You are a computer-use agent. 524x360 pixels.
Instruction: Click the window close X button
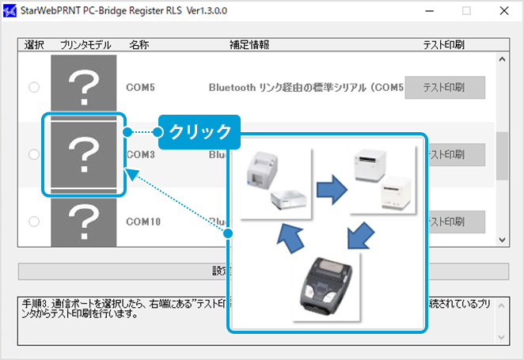tap(503, 11)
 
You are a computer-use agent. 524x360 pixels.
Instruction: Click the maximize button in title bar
tap(466, 11)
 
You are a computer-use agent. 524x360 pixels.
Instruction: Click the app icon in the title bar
tap(9, 12)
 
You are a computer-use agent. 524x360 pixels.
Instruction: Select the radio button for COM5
tap(34, 87)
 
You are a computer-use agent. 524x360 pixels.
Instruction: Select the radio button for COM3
tap(34, 154)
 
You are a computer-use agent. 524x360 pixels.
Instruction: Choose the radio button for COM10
tap(34, 221)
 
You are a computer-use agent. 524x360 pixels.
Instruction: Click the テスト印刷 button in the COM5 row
tap(444, 87)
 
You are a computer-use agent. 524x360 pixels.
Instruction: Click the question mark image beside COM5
tap(83, 85)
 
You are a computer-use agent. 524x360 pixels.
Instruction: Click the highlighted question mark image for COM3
tap(83, 153)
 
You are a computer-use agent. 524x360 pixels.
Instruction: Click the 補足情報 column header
tap(249, 45)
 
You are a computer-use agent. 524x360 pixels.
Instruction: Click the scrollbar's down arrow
tap(501, 240)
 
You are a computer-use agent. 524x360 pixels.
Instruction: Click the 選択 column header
tap(34, 45)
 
